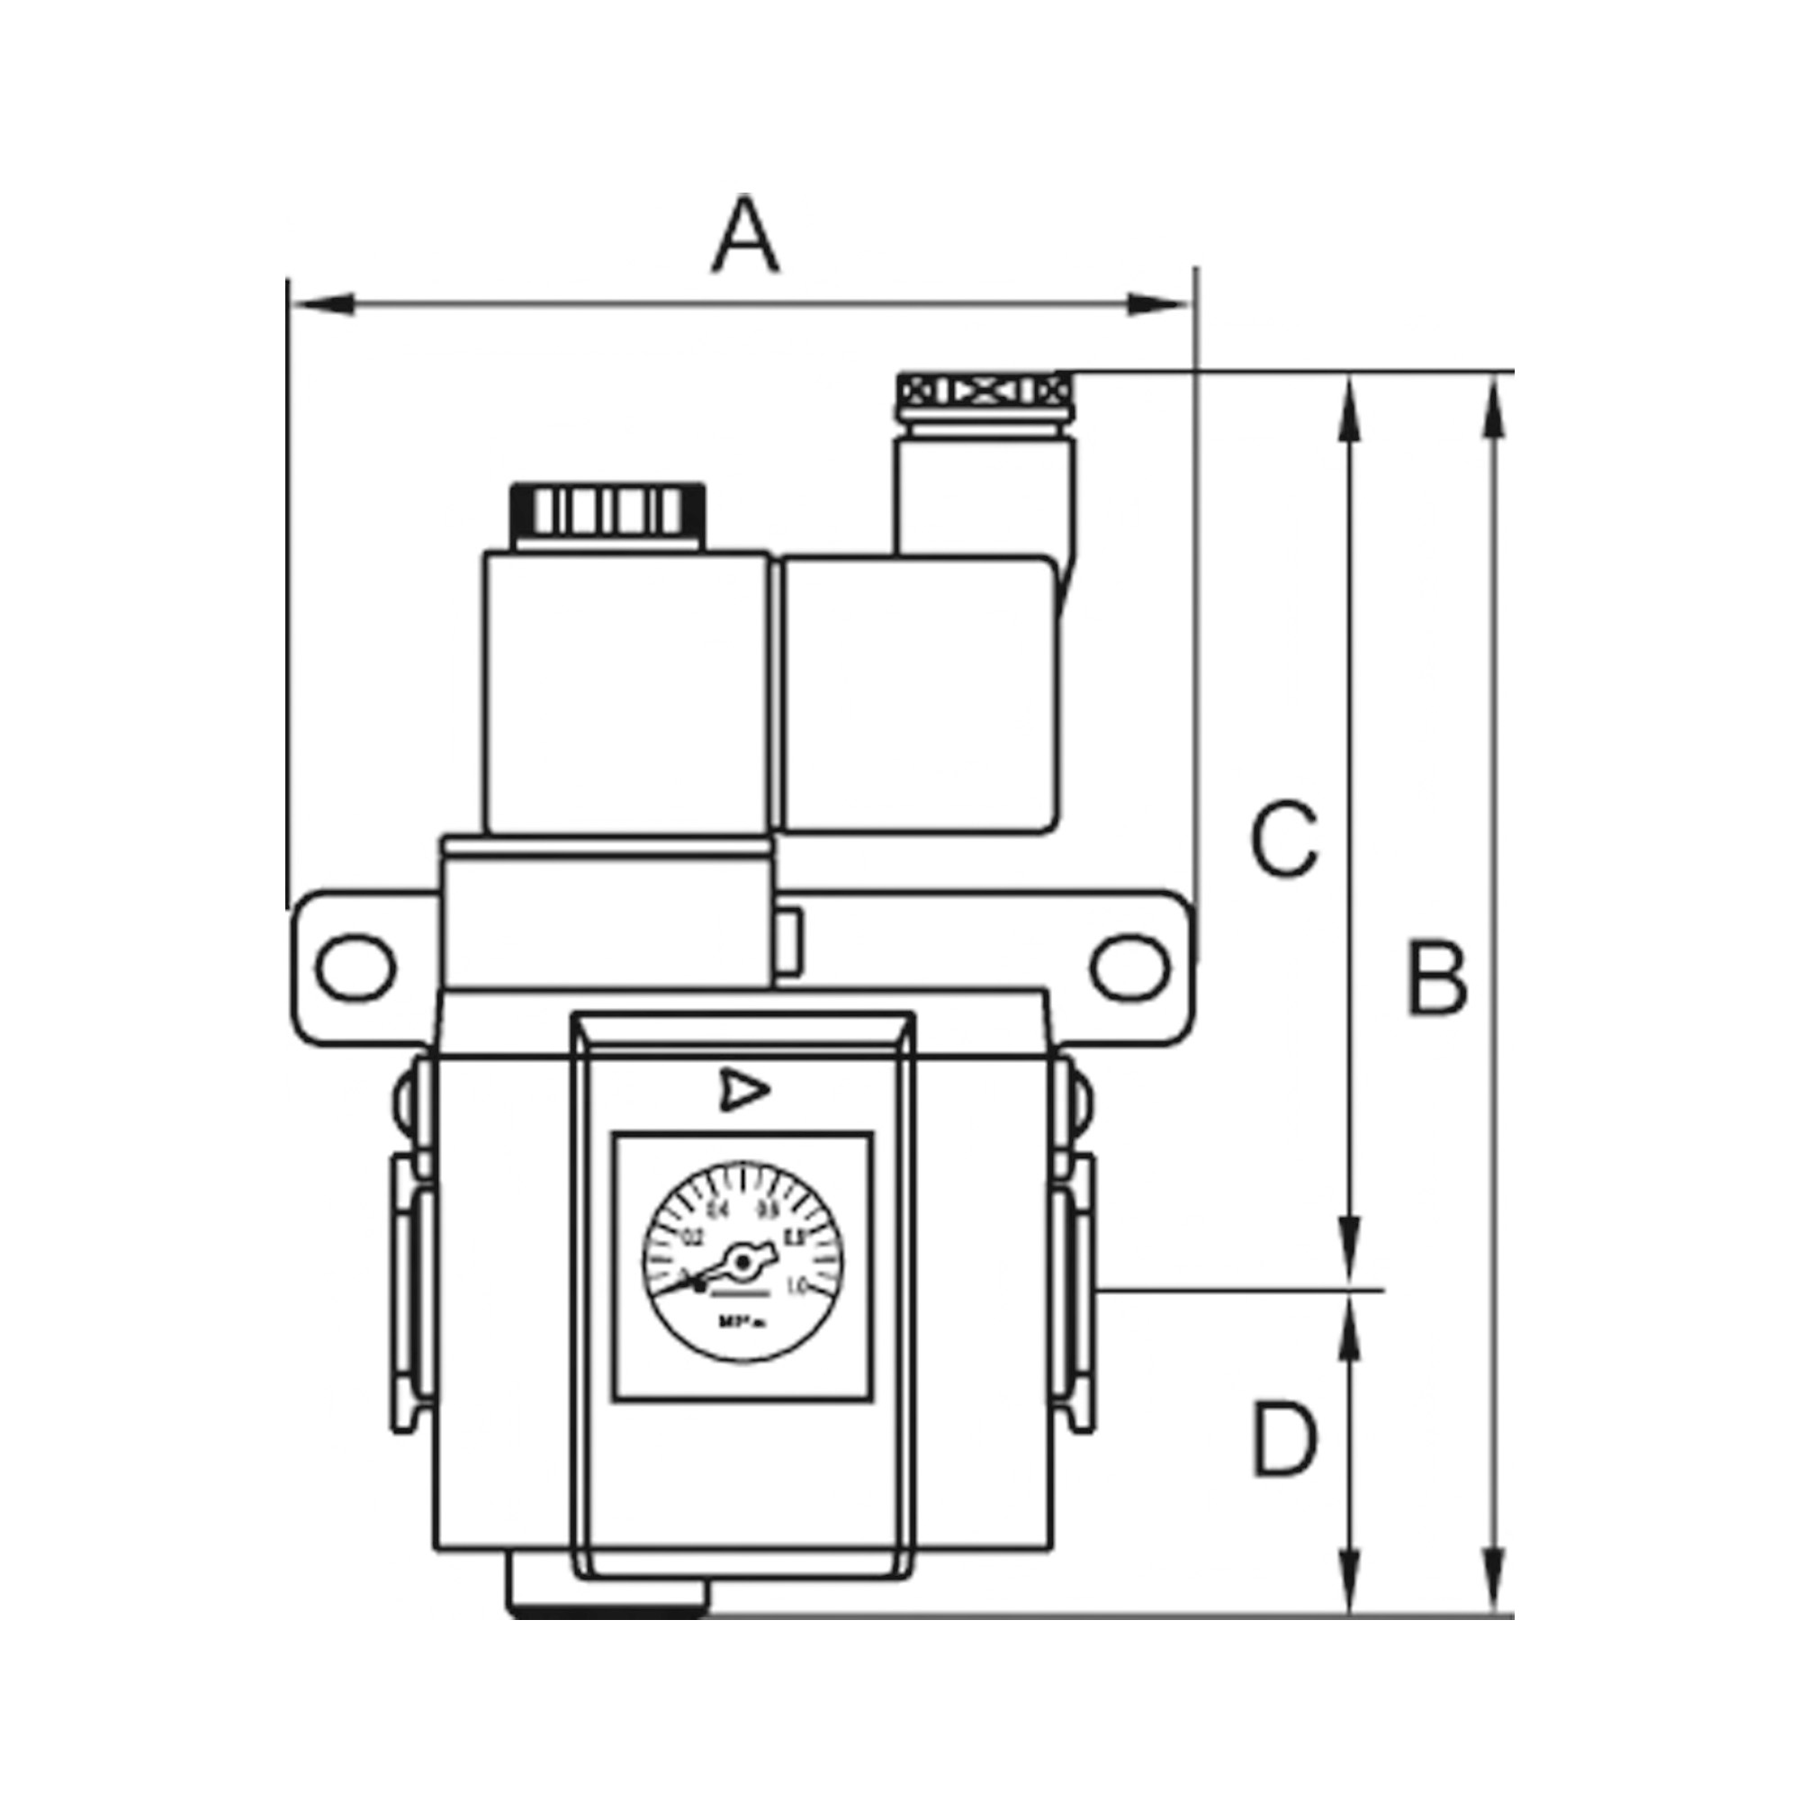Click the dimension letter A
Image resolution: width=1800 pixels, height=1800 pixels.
tap(745, 235)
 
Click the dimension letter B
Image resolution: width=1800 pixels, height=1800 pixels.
tap(1436, 979)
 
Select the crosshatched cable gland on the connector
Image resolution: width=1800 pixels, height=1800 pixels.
tap(983, 390)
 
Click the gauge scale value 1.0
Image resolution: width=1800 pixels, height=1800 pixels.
tap(796, 1288)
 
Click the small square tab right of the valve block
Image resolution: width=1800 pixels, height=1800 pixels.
tap(788, 943)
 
